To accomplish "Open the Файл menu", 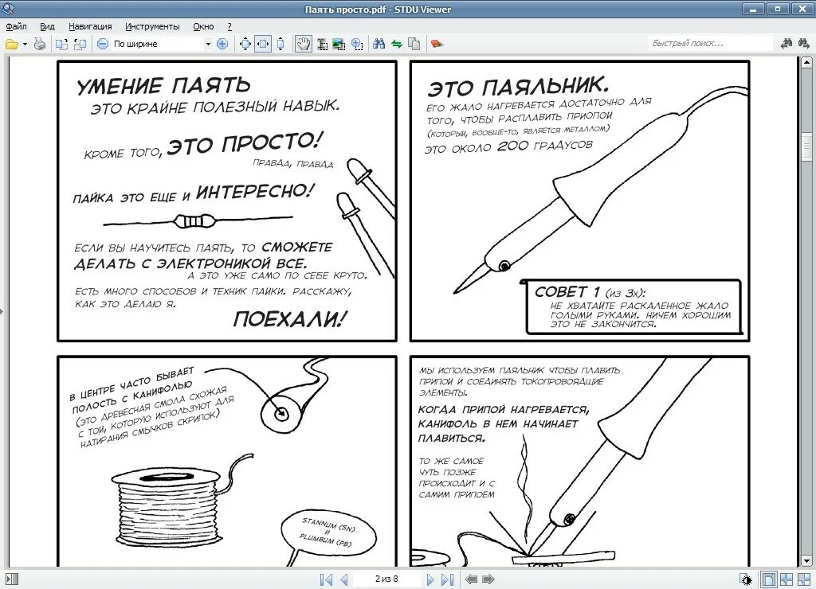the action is click(x=16, y=26).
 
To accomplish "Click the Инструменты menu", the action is click(x=152, y=26).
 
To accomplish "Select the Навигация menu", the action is click(x=90, y=26).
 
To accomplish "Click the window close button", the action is click(x=801, y=9).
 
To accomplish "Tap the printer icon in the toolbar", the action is click(x=40, y=45).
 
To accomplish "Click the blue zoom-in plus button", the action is click(x=222, y=45).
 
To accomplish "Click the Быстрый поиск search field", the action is click(x=710, y=44).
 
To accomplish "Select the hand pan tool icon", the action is click(x=304, y=45).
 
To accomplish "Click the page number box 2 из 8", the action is click(x=386, y=579).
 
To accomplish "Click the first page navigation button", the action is click(x=326, y=579).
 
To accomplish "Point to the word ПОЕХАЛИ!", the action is click(x=289, y=319).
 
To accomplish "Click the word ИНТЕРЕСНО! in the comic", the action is click(x=254, y=192).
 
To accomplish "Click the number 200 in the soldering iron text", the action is click(x=512, y=146).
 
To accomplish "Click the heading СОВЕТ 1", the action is click(x=567, y=291).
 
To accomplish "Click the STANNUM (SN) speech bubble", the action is click(x=328, y=536).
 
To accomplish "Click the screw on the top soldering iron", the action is click(x=504, y=266).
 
